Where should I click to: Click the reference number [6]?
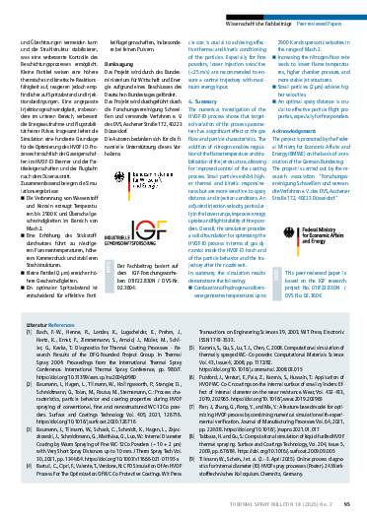click(x=190, y=347)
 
